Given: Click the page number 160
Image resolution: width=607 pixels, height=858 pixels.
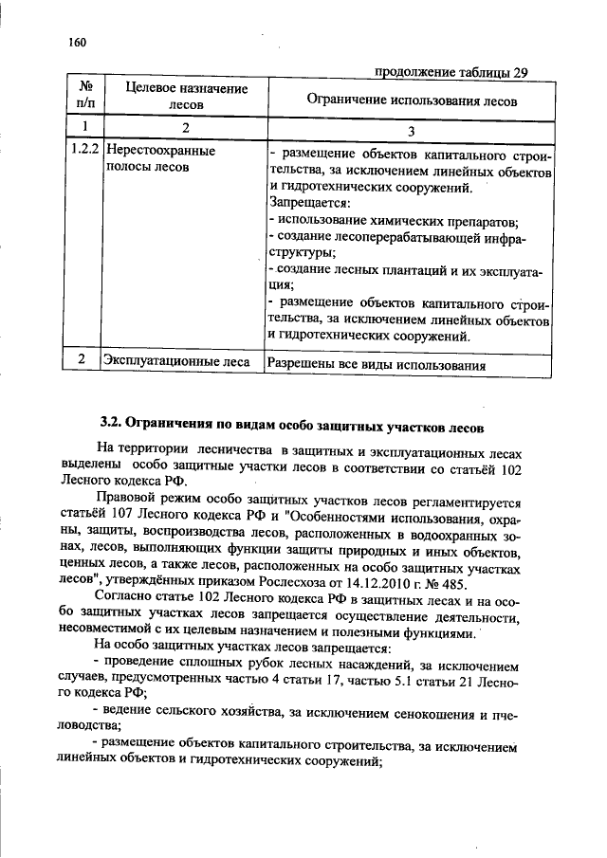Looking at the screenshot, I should [x=77, y=43].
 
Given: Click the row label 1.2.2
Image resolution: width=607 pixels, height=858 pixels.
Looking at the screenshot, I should [x=83, y=151].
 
